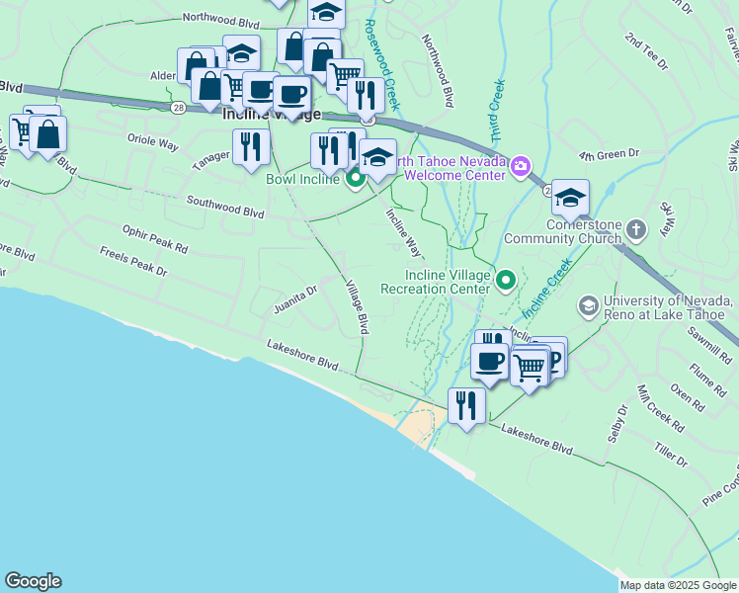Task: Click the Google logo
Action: (x=33, y=581)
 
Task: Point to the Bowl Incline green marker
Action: (x=356, y=179)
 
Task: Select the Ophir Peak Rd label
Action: (x=155, y=237)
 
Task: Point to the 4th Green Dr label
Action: (x=610, y=155)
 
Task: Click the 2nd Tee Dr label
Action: (x=646, y=51)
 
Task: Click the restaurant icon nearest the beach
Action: (x=466, y=405)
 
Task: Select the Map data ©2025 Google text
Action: (x=678, y=585)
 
